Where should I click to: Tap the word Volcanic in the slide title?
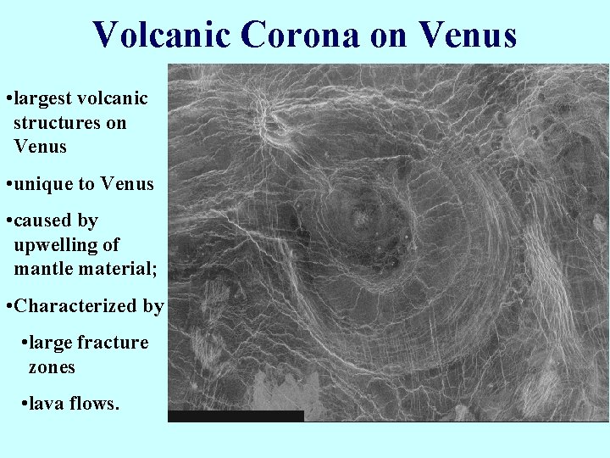161,35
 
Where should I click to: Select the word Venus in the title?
467,35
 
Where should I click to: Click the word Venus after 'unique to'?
127,183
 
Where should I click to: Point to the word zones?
52,367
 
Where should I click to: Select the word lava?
47,404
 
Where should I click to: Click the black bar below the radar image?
236,416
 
